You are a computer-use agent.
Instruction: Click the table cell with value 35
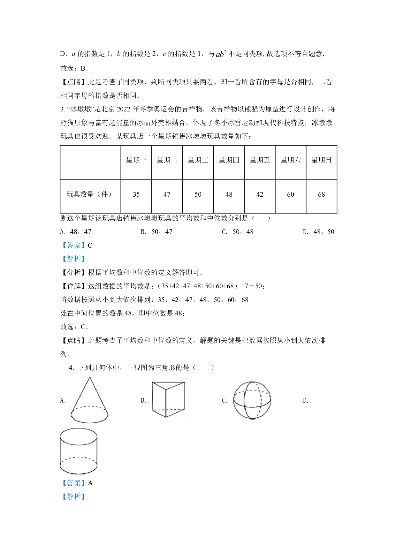tap(136, 194)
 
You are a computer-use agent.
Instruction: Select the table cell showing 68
tap(321, 194)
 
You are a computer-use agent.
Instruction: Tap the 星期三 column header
tap(198, 160)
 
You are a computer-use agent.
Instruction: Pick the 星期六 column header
tap(290, 160)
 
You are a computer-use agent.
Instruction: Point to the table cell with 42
tap(260, 194)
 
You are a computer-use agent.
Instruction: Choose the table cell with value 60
tap(290, 194)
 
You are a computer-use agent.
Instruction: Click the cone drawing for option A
tap(89, 400)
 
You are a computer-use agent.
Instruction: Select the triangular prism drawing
tap(168, 399)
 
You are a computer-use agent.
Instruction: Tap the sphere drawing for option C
tap(252, 400)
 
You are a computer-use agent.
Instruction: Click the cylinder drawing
tap(79, 451)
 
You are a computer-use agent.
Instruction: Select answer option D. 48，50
tap(318, 232)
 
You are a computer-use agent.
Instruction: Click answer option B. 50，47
tap(156, 232)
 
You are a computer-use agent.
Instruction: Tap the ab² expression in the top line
tap(221, 54)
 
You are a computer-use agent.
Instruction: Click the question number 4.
tap(71, 368)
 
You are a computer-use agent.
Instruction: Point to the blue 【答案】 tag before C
tap(74, 246)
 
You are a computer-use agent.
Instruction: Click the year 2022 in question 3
tap(124, 109)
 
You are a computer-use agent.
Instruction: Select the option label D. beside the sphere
tap(306, 400)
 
